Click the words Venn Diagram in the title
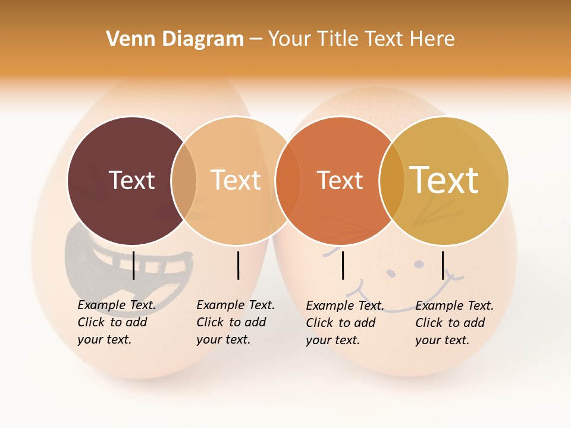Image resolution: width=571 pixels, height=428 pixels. pos(175,39)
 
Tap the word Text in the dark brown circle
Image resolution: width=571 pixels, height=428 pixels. pos(131,180)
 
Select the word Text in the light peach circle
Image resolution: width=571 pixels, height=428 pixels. pos(236,180)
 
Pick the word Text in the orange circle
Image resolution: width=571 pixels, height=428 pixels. pos(340,180)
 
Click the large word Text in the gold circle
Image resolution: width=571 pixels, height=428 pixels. pos(444,180)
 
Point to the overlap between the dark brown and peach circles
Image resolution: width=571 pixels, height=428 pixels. pos(184,181)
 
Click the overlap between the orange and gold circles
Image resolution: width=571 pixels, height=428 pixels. pos(392,181)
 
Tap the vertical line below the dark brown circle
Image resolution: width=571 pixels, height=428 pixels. pos(133,265)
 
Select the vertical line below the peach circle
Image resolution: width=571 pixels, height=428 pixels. pos(238,265)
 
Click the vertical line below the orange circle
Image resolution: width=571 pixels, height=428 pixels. pos(343,265)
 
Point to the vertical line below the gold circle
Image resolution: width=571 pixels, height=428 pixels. pos(443,265)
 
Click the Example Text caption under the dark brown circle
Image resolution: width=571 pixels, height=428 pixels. pos(116,322)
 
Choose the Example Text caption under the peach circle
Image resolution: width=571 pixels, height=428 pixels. pos(235,322)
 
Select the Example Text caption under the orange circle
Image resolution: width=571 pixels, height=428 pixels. pos(344,323)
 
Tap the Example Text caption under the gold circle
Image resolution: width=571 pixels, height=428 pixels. pos(454,323)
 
